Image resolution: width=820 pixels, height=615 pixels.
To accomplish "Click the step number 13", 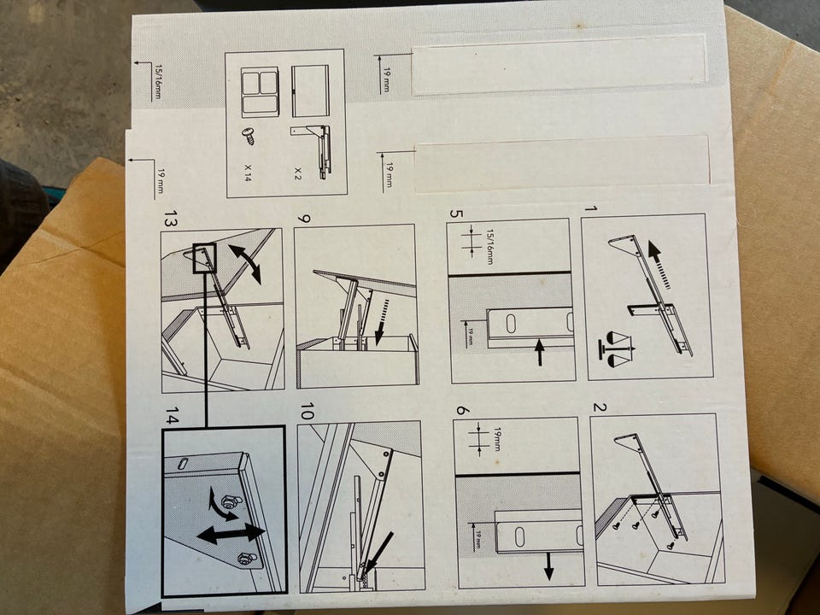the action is [171, 219].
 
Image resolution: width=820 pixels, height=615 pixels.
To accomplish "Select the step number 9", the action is [303, 217].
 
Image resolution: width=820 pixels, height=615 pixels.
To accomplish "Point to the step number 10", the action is [307, 411].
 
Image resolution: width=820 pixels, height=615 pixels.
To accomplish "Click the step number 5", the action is [456, 214].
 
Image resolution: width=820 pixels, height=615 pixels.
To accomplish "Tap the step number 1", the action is [590, 209].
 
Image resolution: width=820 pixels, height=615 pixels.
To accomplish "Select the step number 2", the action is [600, 407].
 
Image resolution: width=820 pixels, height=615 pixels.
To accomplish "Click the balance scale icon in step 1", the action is [616, 348].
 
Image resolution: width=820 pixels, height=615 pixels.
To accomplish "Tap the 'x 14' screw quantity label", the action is [248, 172].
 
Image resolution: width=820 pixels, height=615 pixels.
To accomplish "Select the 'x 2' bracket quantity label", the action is [298, 173].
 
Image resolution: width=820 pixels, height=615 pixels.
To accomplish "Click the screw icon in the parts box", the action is [249, 136].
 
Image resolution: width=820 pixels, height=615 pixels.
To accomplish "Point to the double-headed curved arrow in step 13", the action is [245, 264].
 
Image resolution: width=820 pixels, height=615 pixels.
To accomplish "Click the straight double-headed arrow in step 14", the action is [231, 534].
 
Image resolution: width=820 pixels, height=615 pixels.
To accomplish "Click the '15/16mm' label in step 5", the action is [489, 246].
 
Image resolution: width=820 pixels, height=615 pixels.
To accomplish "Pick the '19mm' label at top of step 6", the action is [497, 439].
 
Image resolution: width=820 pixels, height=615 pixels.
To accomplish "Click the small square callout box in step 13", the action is [204, 258].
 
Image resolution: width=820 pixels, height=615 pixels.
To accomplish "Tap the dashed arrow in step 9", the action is [383, 319].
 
